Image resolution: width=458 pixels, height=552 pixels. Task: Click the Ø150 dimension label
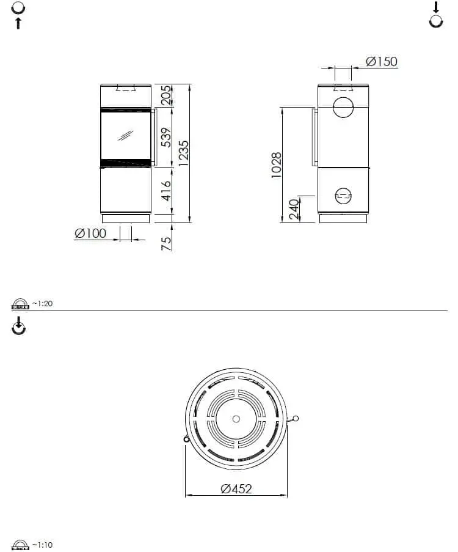tap(382, 62)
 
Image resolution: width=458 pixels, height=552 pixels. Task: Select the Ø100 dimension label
tap(90, 233)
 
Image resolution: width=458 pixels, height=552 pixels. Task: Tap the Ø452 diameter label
tap(236, 488)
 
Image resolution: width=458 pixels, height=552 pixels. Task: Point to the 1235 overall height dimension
tap(184, 153)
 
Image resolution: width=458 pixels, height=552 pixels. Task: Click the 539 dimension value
tap(166, 138)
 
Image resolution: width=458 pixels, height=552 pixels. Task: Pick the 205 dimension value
tap(166, 95)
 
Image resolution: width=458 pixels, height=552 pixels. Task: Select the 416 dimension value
tap(166, 191)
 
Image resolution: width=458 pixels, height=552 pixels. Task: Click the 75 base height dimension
tap(166, 244)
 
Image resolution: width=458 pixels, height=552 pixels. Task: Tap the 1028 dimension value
tap(277, 165)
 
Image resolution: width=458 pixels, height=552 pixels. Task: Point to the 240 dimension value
tap(294, 209)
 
